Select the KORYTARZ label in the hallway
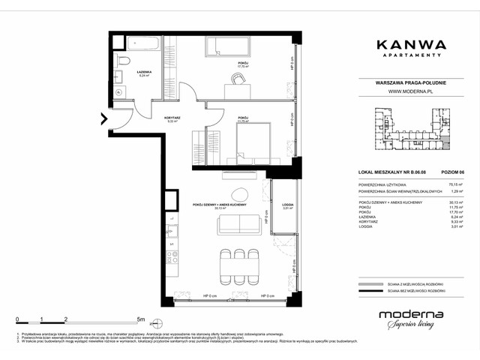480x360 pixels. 172,118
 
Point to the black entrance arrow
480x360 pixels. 104,118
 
